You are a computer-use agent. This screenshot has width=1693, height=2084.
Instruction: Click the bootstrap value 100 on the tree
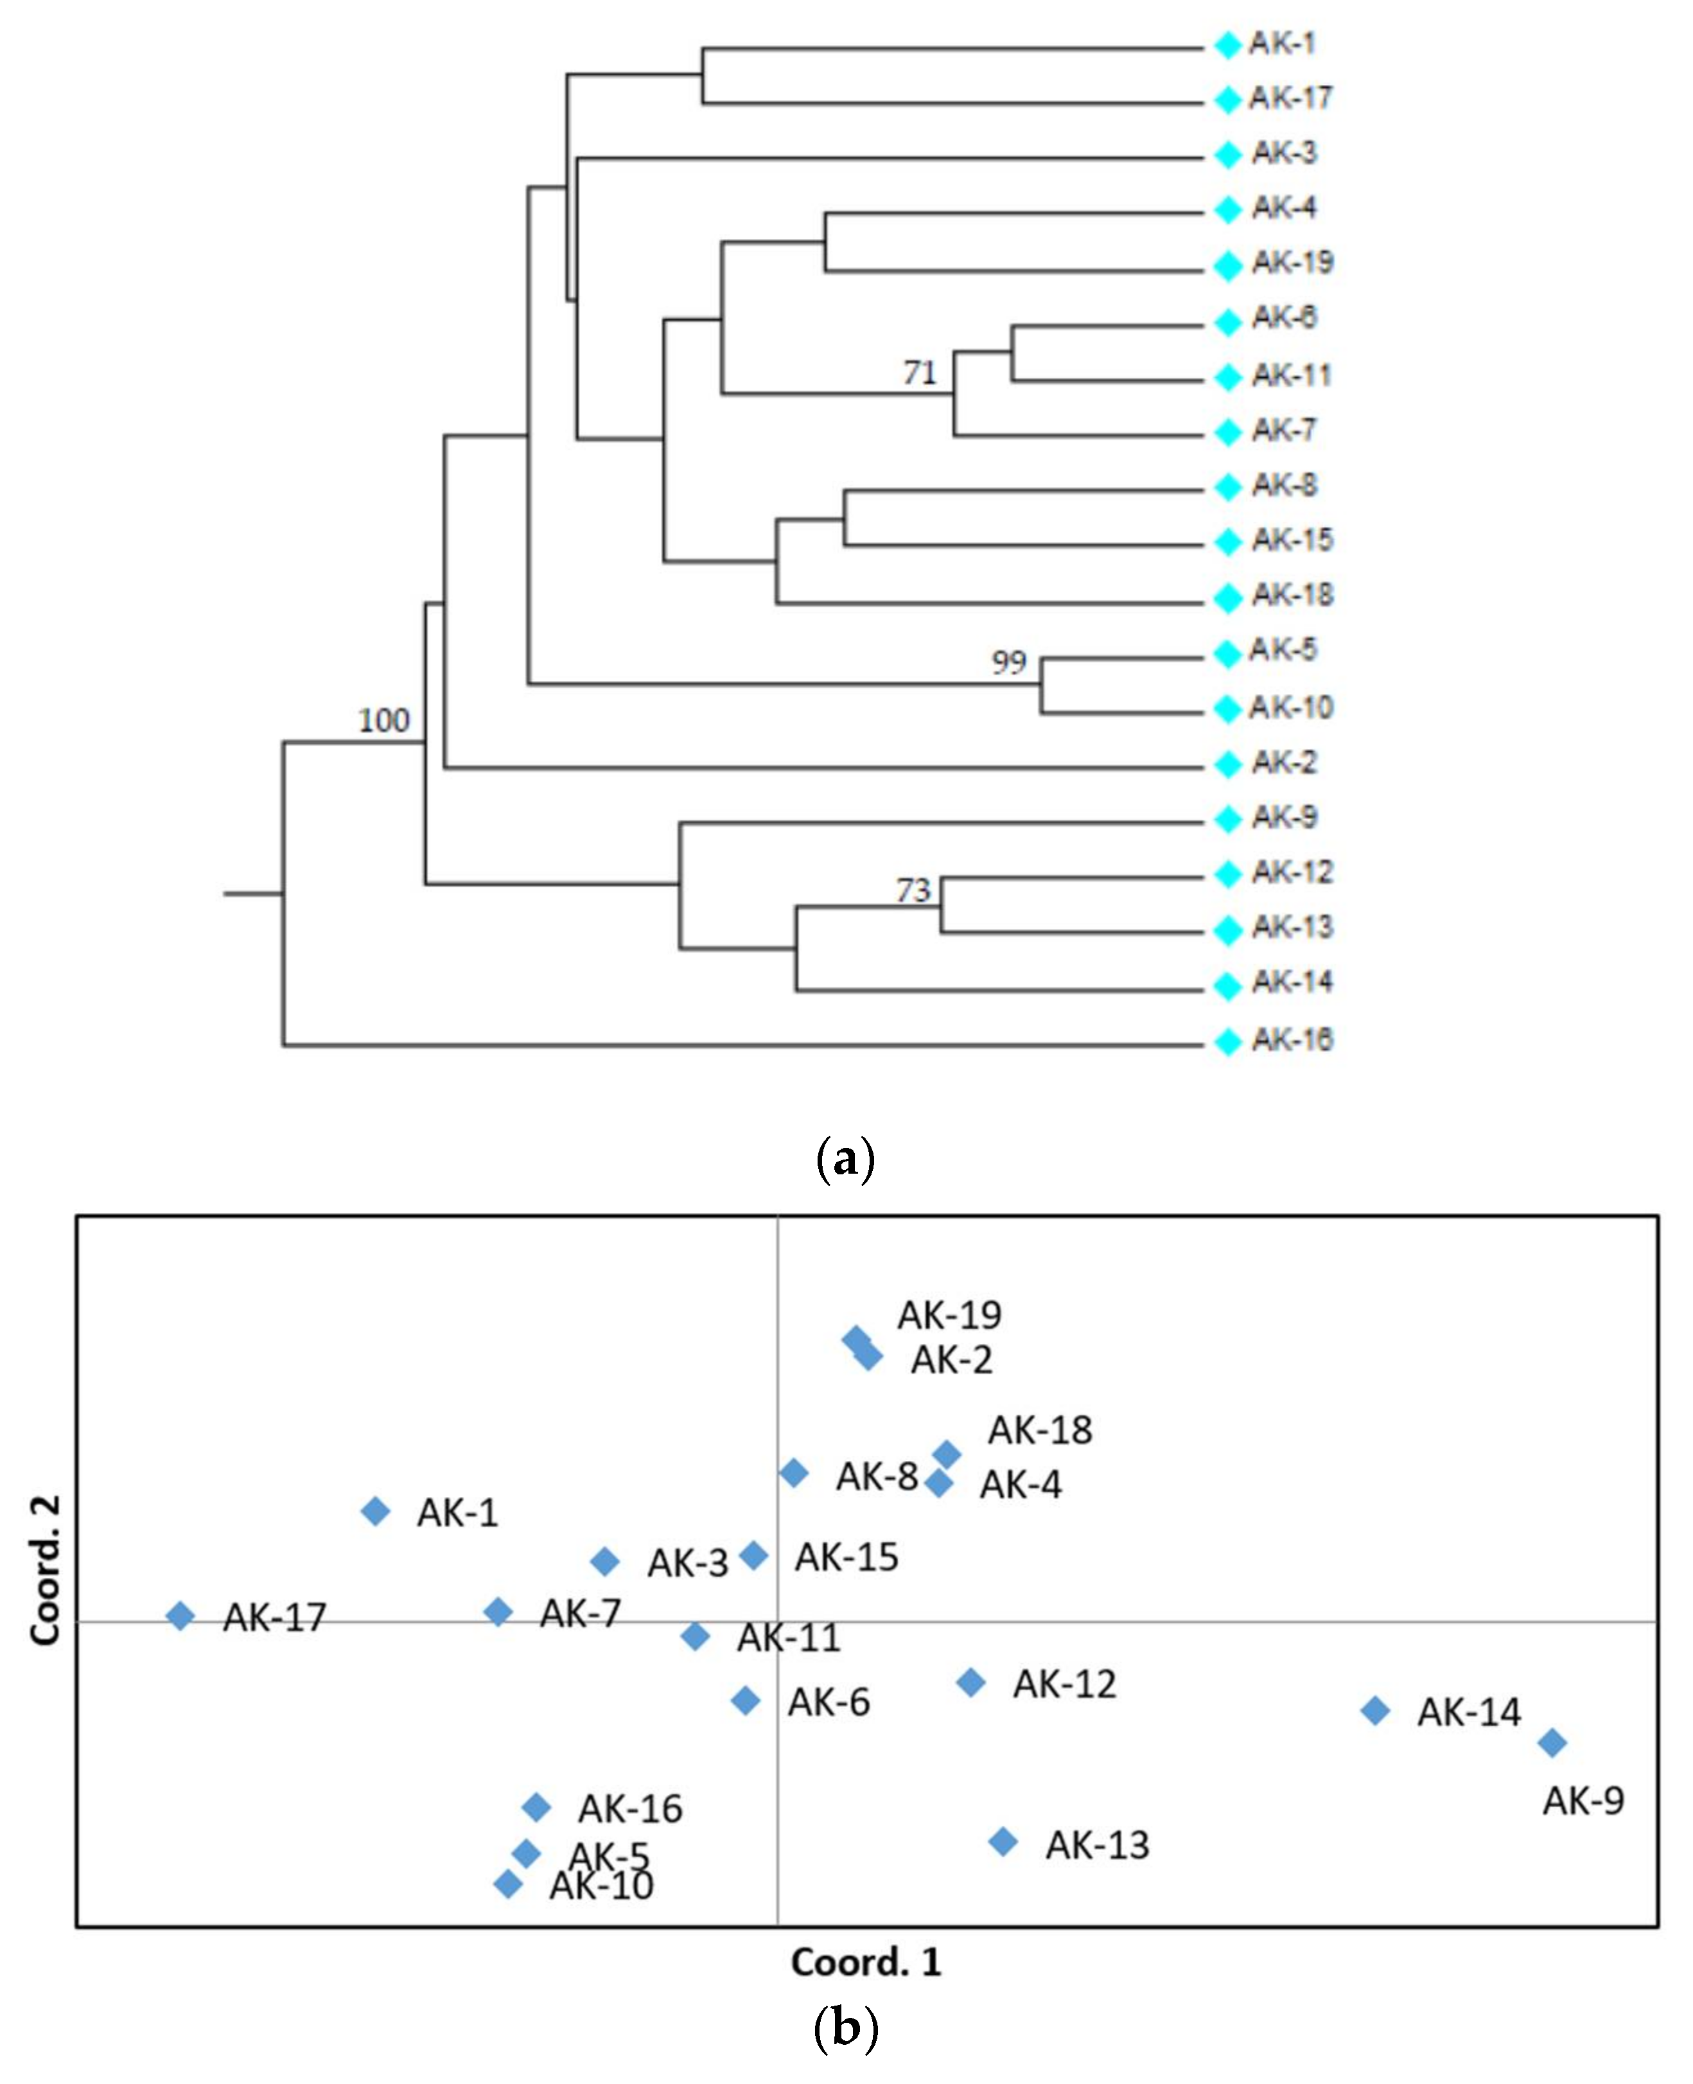383,721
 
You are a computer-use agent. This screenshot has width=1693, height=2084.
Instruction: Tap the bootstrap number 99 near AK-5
1008,662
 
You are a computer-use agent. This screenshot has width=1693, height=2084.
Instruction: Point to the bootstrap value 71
918,373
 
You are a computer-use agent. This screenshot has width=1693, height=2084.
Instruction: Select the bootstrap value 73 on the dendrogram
914,889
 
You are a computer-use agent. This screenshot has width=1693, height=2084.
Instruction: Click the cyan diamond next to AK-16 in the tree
1227,1041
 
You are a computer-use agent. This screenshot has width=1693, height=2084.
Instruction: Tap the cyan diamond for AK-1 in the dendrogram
1227,45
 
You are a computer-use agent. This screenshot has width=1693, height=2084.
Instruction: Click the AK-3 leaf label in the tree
1285,153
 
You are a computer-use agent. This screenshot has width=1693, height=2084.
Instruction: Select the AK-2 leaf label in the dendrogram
1285,762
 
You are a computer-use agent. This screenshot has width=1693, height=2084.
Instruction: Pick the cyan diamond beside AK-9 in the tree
1227,819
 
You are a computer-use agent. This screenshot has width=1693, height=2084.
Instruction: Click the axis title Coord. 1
866,1962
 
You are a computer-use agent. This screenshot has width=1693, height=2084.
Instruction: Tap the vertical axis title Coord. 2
46,1570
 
